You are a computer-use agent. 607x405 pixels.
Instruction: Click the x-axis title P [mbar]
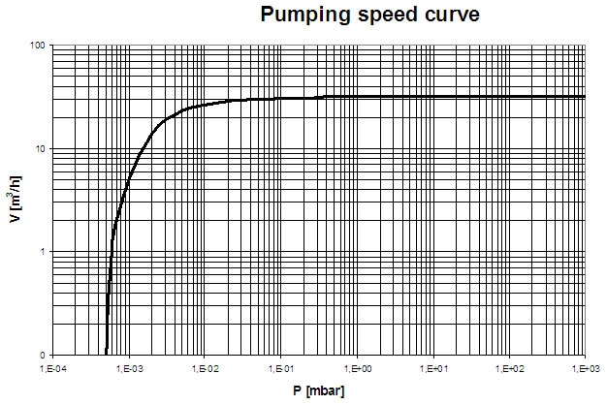316,390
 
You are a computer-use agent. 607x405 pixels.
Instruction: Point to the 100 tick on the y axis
38,46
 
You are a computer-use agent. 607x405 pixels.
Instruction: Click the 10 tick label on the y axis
41,148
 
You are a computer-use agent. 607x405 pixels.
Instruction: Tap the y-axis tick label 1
45,252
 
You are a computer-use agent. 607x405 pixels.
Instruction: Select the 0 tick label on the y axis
45,355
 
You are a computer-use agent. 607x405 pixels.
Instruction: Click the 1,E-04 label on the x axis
53,368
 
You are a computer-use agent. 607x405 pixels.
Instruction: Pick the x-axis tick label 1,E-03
129,368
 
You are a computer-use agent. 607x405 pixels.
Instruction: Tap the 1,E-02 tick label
205,368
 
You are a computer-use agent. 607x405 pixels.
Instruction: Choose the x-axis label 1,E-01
281,368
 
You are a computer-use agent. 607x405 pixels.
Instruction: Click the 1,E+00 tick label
357,368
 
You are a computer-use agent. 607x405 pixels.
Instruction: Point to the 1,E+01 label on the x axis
433,368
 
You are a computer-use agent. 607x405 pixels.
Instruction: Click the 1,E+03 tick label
585,368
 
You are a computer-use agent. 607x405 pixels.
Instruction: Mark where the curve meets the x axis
106,354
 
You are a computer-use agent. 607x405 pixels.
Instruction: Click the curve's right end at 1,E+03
585,97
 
